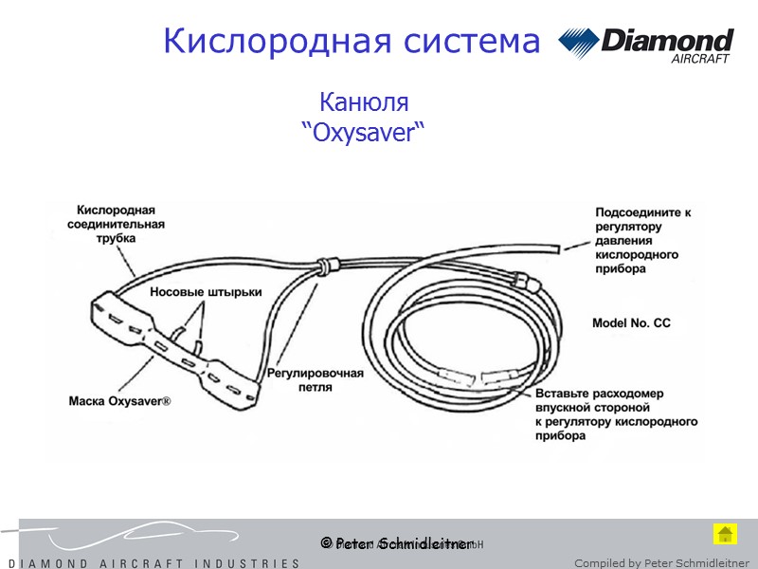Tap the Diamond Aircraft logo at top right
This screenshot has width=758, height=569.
click(646, 45)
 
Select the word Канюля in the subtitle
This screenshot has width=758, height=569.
click(364, 101)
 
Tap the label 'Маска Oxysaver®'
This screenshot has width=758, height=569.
click(120, 401)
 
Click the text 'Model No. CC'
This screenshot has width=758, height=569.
click(631, 323)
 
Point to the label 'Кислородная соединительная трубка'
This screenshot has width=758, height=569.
click(116, 224)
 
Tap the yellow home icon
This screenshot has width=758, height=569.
click(725, 533)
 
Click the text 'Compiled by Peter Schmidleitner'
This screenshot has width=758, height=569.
click(661, 563)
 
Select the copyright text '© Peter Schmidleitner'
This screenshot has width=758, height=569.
click(396, 543)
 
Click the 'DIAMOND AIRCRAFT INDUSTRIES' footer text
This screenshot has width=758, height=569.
click(152, 563)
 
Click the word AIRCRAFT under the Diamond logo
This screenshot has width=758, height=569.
click(700, 59)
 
